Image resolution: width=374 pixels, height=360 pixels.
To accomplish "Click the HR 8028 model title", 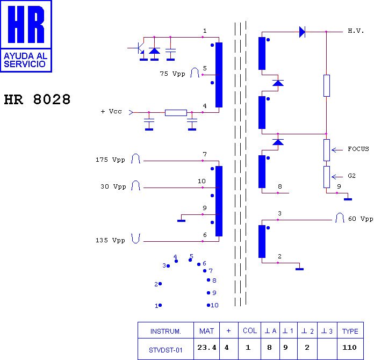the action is click(x=37, y=99).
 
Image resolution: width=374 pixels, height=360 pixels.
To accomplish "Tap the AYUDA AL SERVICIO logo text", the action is click(x=25, y=60).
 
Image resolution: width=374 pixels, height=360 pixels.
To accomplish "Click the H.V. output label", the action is click(x=356, y=31).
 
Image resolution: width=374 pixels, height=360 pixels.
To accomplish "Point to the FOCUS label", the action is click(x=358, y=149).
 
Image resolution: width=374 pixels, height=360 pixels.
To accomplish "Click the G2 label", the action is click(x=351, y=176).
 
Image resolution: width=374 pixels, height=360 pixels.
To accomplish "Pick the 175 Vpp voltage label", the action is click(x=110, y=160).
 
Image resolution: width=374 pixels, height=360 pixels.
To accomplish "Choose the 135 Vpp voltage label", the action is click(x=110, y=240).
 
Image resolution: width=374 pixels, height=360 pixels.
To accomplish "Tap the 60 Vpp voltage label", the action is click(x=361, y=219).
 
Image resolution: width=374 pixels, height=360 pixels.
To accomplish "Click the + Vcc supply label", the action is click(x=111, y=111).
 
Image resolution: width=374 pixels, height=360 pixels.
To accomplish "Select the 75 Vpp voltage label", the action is click(x=172, y=74).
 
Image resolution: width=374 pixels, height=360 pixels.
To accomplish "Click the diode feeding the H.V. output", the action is click(x=302, y=32).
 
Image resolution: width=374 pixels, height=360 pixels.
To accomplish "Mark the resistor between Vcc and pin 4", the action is click(x=176, y=113).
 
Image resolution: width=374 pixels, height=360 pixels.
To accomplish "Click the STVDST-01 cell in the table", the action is click(x=166, y=350).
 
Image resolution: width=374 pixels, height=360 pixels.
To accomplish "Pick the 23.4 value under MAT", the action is click(x=206, y=348).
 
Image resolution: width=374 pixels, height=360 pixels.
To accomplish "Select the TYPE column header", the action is click(x=350, y=331).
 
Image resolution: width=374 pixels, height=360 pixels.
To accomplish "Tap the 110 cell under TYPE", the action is click(x=349, y=347).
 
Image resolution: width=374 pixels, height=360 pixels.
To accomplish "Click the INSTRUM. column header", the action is click(x=166, y=332).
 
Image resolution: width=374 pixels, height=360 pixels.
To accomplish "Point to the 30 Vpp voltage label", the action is click(x=113, y=186).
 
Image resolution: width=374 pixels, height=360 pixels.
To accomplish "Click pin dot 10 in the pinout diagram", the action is click(x=208, y=305).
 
